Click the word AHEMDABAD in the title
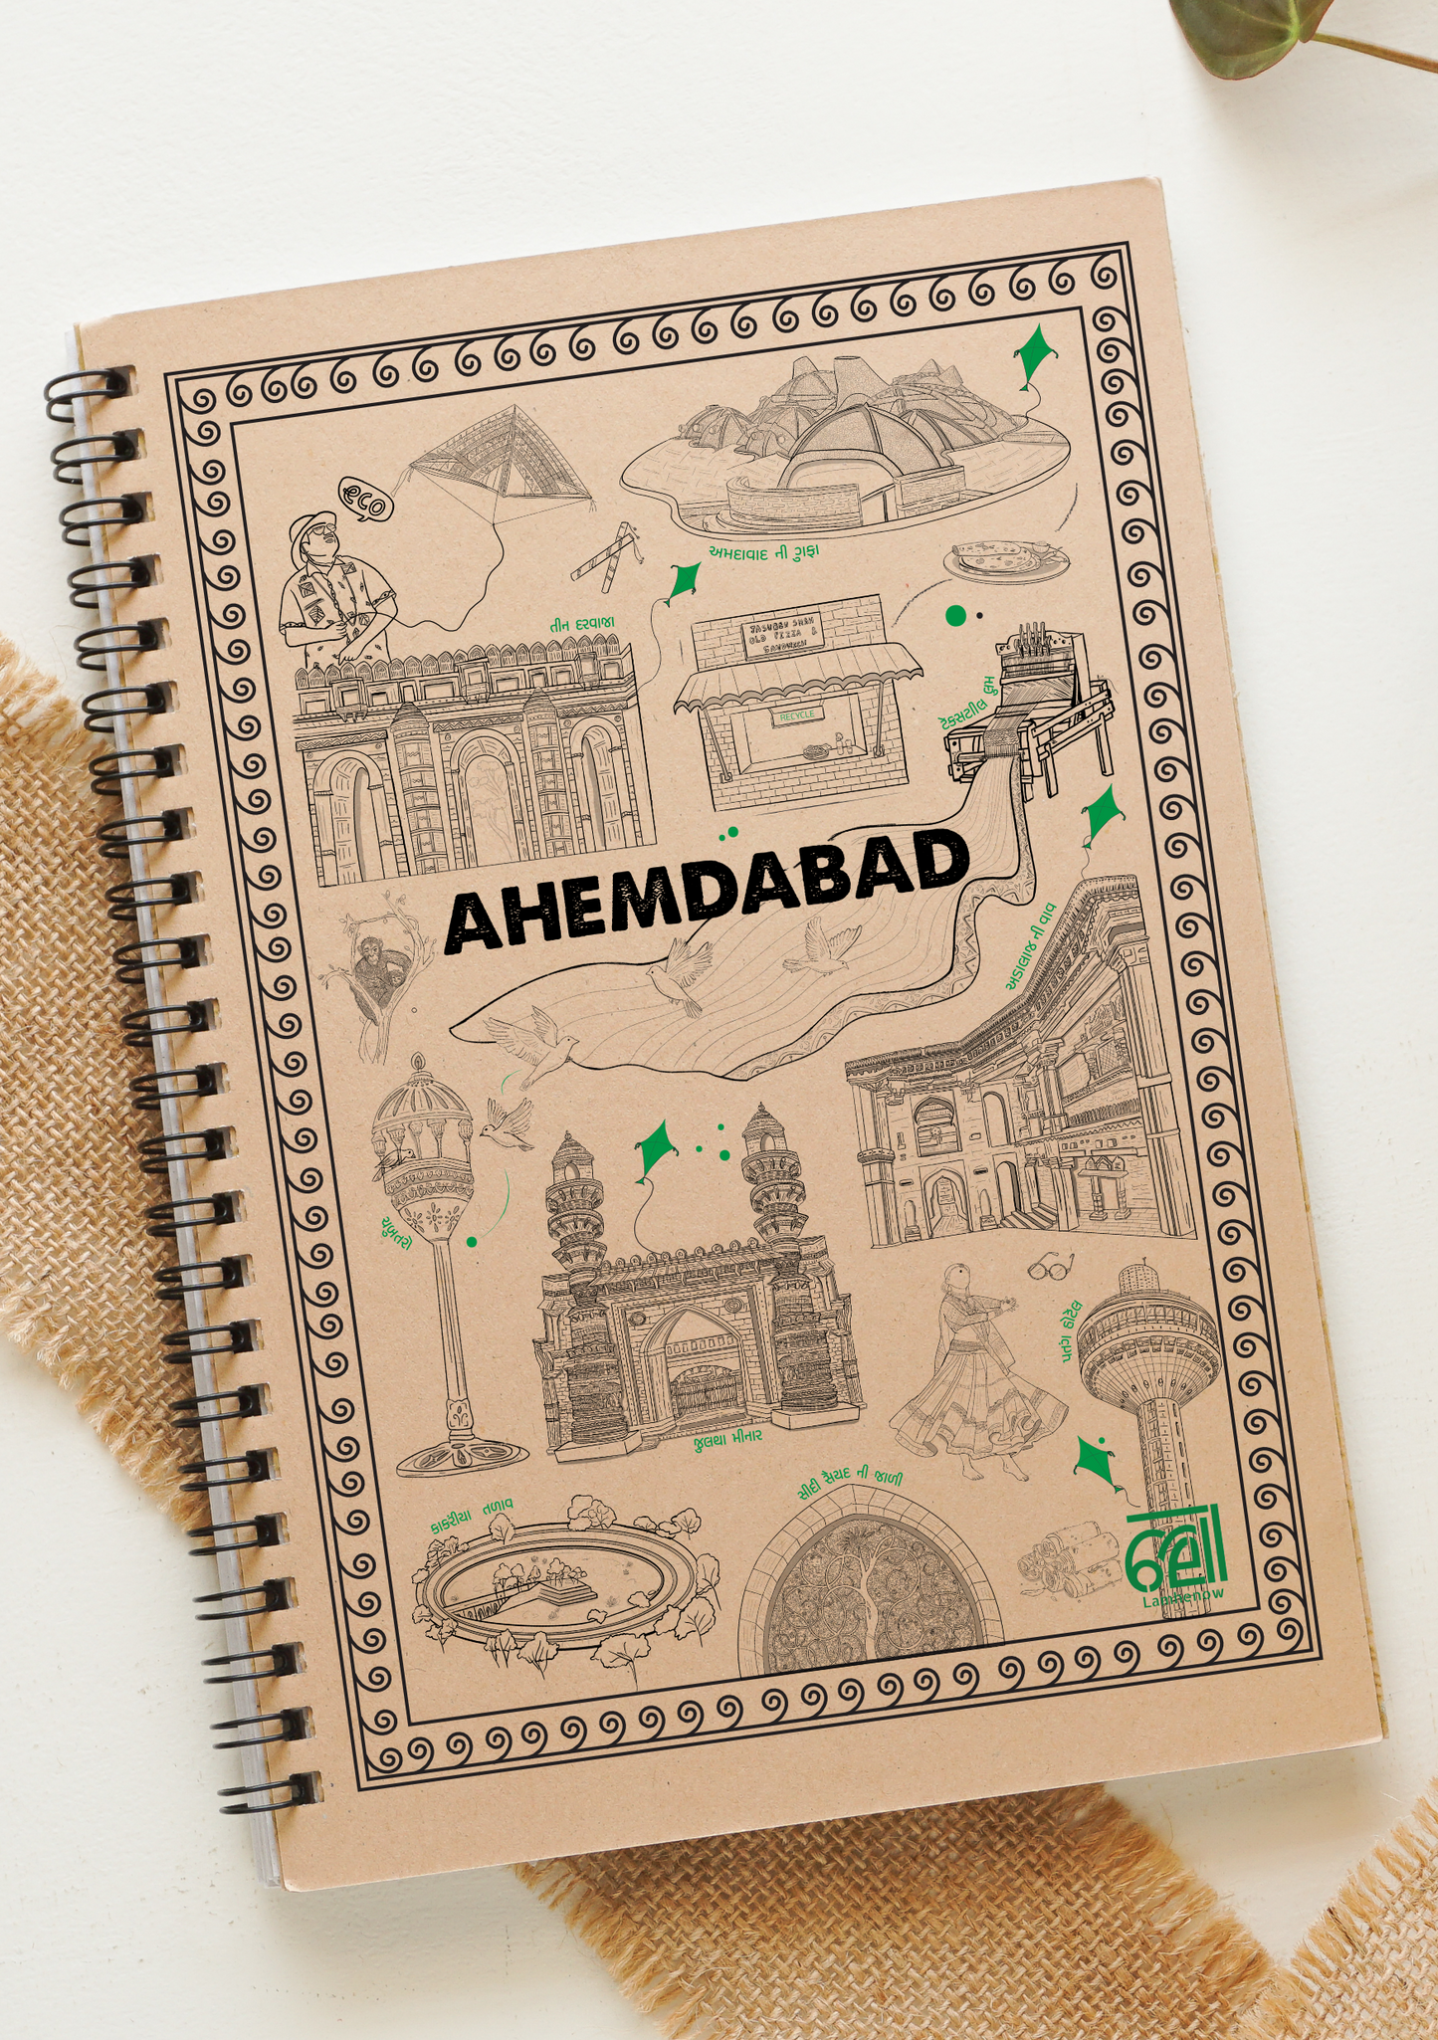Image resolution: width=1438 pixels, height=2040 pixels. pyautogui.click(x=707, y=891)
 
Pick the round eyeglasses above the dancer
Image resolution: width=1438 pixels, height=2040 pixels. pyautogui.click(x=1052, y=1267)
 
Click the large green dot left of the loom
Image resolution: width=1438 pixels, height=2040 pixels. pyautogui.click(x=955, y=615)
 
